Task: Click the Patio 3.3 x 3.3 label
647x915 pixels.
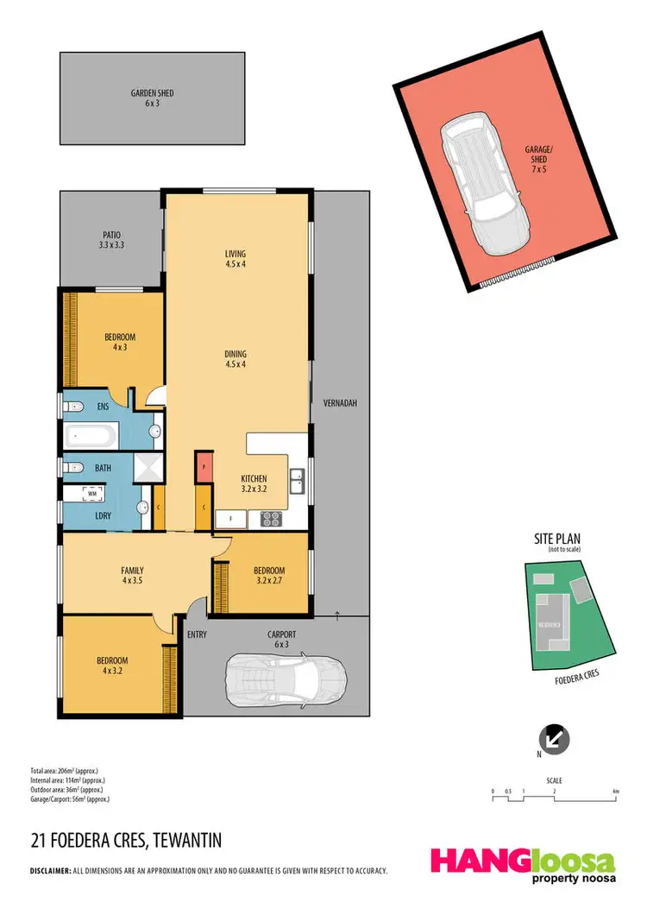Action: (110, 240)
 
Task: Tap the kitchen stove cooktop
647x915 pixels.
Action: (272, 519)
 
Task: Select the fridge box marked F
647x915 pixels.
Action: (229, 519)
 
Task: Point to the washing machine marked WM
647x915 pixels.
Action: (91, 495)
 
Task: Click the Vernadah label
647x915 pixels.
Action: (339, 403)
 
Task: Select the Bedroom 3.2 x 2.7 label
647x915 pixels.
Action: (268, 576)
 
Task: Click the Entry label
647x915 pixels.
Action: (197, 634)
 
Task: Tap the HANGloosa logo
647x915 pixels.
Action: (524, 864)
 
